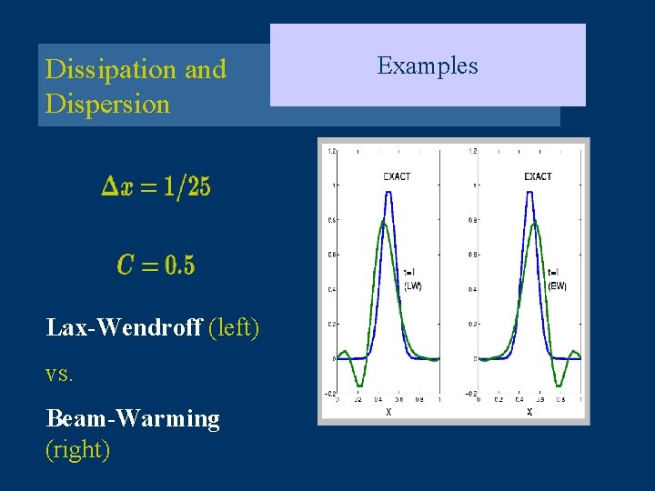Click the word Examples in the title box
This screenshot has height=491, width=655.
point(427,65)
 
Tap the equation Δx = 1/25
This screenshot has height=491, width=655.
point(156,186)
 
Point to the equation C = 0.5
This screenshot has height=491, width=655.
point(156,265)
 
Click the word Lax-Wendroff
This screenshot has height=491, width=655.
point(124,327)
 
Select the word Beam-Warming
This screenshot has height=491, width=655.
point(133,418)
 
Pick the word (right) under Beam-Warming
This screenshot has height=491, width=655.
point(77,449)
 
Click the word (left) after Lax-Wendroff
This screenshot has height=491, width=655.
point(234,327)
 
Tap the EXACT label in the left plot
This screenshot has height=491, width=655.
point(397,176)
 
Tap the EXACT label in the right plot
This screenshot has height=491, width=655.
point(538,176)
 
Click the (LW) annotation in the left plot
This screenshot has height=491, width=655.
point(412,286)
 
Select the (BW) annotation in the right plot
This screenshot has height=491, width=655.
point(556,286)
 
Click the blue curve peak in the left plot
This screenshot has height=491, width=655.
point(388,192)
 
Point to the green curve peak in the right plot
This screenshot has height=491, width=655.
point(536,225)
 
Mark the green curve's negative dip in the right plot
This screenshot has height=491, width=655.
point(559,384)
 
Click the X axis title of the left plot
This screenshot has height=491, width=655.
point(388,411)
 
